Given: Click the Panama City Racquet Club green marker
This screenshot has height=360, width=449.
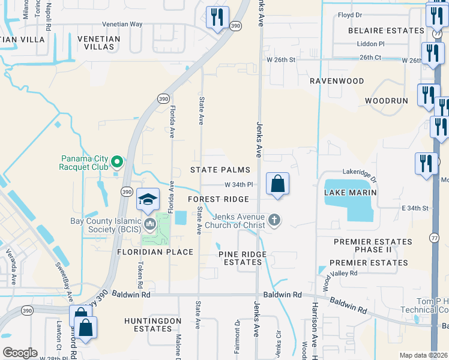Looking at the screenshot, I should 118,161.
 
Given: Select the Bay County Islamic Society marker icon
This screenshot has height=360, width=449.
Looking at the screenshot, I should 150,225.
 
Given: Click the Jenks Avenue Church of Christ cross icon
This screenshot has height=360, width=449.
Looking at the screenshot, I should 274,220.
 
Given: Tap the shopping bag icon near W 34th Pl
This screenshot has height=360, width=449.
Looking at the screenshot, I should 277,184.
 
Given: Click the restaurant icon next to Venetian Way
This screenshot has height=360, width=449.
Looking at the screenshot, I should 217,17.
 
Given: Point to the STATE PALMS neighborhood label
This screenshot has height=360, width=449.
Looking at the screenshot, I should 220,170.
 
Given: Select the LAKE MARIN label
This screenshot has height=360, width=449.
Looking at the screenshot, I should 350,193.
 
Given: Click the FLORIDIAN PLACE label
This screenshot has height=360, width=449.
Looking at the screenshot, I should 155,252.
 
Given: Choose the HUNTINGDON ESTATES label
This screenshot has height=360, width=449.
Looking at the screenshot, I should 148,325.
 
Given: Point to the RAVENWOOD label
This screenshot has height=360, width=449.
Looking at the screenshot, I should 337,80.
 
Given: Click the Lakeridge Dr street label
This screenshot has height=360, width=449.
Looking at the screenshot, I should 359,172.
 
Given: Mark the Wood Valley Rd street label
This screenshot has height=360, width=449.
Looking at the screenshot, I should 340,273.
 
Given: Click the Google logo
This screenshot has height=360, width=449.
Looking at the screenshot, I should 20,353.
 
